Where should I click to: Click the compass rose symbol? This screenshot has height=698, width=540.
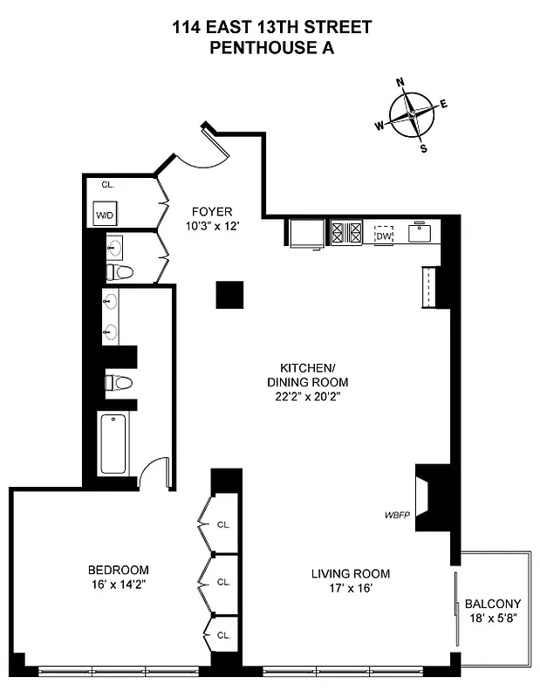click(411, 114)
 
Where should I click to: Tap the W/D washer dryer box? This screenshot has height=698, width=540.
click(105, 214)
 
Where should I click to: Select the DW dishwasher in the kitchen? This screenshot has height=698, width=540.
click(384, 234)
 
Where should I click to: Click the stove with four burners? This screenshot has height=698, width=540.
click(345, 233)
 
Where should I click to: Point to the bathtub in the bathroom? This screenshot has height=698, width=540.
click(113, 443)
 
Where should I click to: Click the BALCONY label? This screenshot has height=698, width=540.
click(492, 604)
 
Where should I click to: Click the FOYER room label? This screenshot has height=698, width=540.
click(212, 211)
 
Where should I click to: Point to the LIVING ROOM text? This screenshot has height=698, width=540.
click(351, 574)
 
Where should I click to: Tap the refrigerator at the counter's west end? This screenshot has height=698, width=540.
click(307, 234)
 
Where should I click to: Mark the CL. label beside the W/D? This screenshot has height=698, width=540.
click(107, 184)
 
